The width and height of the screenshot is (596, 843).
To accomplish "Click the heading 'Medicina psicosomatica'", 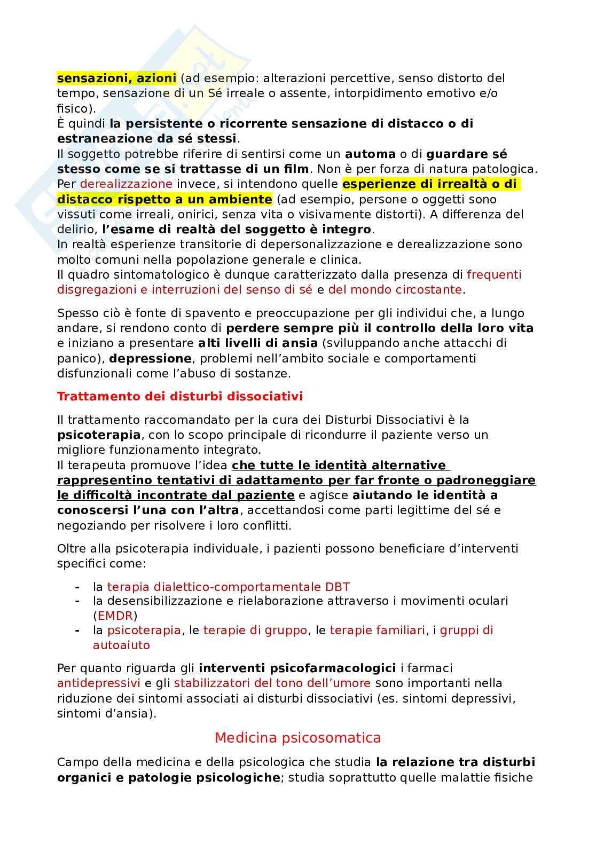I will pyautogui.click(x=297, y=738).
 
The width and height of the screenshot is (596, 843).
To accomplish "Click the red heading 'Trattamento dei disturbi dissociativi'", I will pyautogui.click(x=180, y=396).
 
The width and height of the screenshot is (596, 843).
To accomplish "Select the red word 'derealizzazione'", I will pyautogui.click(x=126, y=184).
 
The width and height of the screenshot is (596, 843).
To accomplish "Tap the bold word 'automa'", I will pyautogui.click(x=370, y=154).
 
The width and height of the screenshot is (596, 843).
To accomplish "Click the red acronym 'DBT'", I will pyautogui.click(x=338, y=587).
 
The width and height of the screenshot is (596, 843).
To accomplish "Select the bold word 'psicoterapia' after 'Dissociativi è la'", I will pyautogui.click(x=99, y=435).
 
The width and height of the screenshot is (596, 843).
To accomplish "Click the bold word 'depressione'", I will pyautogui.click(x=150, y=358).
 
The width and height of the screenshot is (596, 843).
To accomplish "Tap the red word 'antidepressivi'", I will pyautogui.click(x=99, y=683).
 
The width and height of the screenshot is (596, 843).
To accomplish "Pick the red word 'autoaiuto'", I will pyautogui.click(x=121, y=645).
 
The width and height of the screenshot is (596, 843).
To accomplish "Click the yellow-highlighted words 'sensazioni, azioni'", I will pyautogui.click(x=116, y=78).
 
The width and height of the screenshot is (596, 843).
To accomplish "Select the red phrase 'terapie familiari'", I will pyautogui.click(x=378, y=630).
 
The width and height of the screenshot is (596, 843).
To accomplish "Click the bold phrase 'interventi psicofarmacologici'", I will pyautogui.click(x=297, y=668).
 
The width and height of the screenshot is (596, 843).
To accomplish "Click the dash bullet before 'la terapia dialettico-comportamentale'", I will pyautogui.click(x=78, y=587).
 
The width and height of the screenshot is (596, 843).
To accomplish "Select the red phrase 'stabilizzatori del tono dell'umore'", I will pyautogui.click(x=272, y=683).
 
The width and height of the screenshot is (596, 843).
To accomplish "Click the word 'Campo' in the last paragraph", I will pyautogui.click(x=74, y=762).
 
